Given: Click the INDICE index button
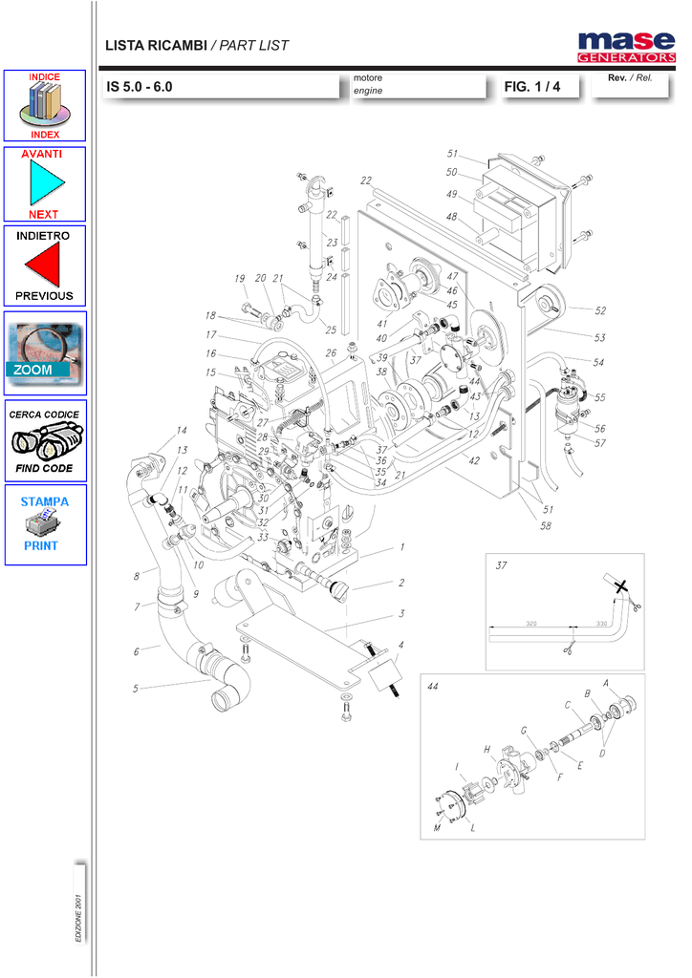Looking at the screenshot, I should tap(45, 106).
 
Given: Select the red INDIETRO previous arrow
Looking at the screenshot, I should tap(45, 265).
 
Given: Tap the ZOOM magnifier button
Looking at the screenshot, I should tap(45, 352).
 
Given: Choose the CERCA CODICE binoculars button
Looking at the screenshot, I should tap(45, 440).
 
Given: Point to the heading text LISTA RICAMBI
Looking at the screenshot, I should tap(156, 45).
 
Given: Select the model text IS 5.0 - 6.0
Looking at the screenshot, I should tap(140, 87).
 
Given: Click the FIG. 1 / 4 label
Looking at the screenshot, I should tap(531, 87).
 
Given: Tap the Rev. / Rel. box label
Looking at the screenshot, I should tap(630, 77).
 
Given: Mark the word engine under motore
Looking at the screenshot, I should tap(368, 91).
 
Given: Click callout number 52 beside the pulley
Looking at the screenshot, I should tap(599, 310).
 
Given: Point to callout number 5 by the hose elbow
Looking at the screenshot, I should tap(136, 688).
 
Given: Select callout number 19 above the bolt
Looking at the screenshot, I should tap(239, 279).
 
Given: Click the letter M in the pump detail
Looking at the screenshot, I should tap(437, 828).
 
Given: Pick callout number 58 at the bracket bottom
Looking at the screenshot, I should tap(546, 526).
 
